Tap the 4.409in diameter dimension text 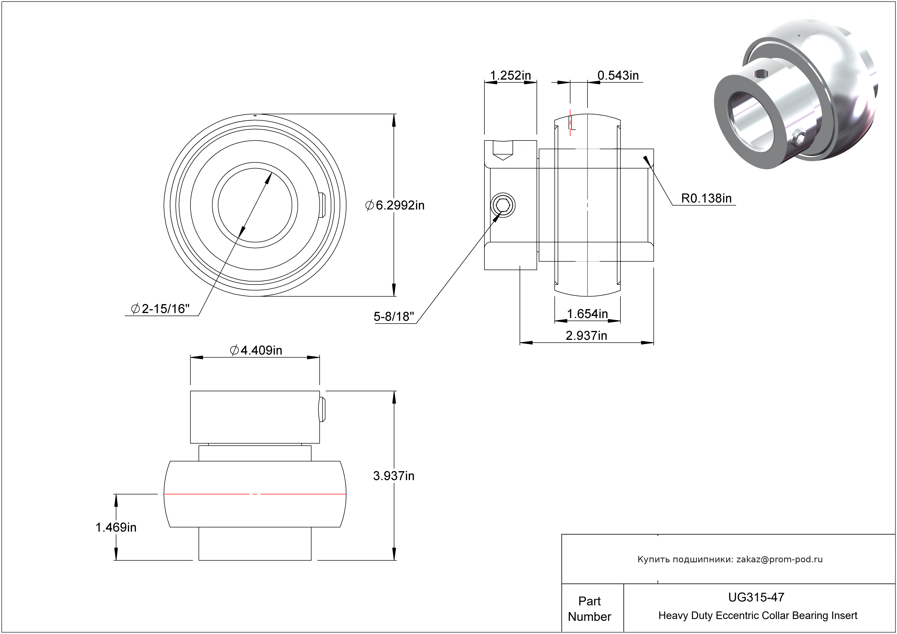point(256,350)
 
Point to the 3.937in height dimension point(393,476)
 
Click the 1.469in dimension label point(116,527)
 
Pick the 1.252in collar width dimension point(510,75)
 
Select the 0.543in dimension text point(618,75)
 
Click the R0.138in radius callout point(706,198)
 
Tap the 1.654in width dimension point(587,314)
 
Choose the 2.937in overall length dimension point(587,335)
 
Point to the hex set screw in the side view point(503,205)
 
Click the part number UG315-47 point(756,597)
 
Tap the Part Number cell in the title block point(589,609)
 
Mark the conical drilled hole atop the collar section point(502,150)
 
